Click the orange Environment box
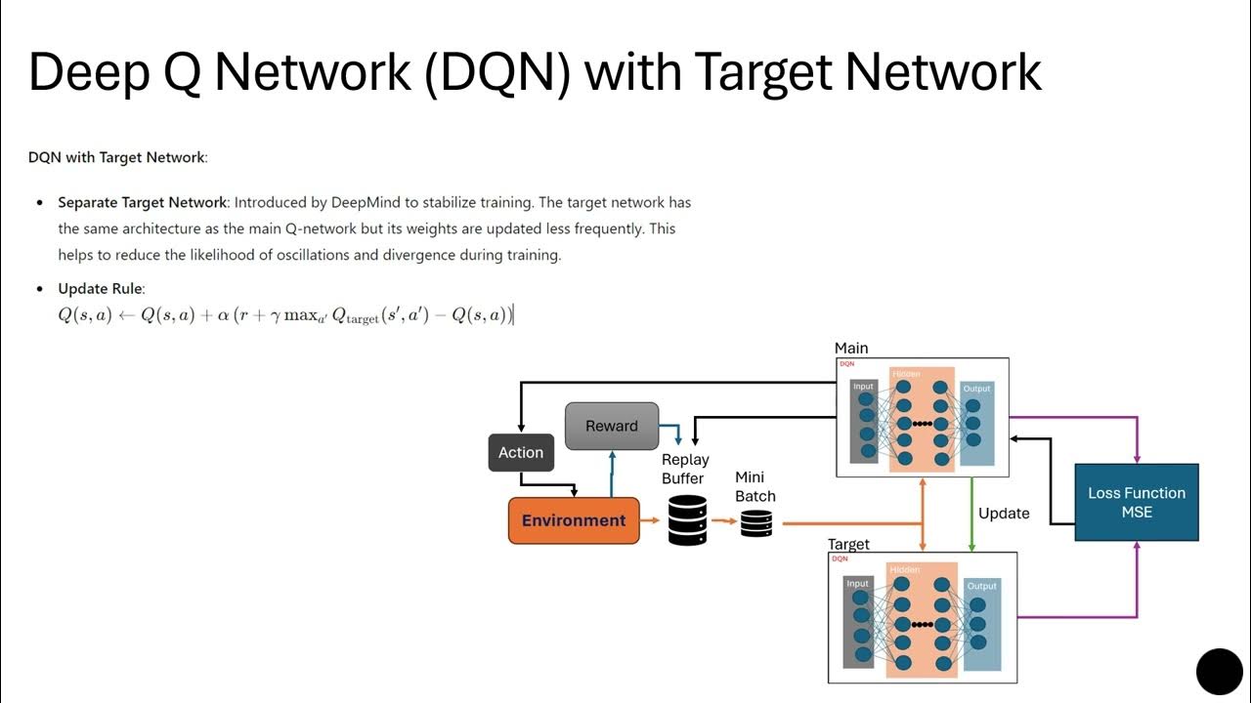[x=574, y=520]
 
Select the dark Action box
[x=521, y=452]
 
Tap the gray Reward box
[x=612, y=426]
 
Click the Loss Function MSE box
[x=1137, y=502]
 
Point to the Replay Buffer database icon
[x=687, y=519]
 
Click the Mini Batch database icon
[x=755, y=524]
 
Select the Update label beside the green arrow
[x=1004, y=513]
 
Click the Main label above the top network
[x=851, y=348]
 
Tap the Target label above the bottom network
[x=848, y=544]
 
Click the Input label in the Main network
[x=863, y=387]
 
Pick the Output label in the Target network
[x=981, y=586]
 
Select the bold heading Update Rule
[x=101, y=288]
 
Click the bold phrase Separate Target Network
[x=142, y=202]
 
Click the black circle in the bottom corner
[x=1219, y=671]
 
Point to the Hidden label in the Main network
[x=905, y=374]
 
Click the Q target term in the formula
[x=356, y=316]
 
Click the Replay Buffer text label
[x=685, y=469]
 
